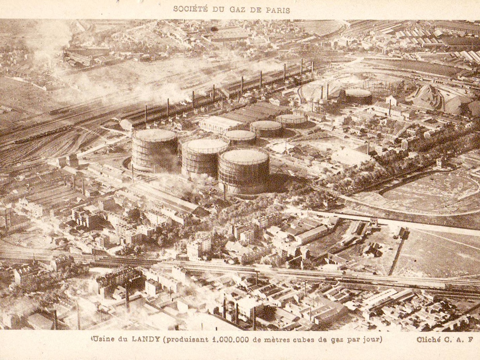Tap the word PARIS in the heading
tap(278, 10)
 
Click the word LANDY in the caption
tap(146, 339)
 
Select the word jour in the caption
tap(373, 339)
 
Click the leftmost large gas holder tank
tap(155, 150)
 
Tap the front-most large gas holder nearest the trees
tap(243, 171)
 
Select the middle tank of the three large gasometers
tap(204, 157)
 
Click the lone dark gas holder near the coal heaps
tap(357, 96)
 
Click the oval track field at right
tap(430, 192)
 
